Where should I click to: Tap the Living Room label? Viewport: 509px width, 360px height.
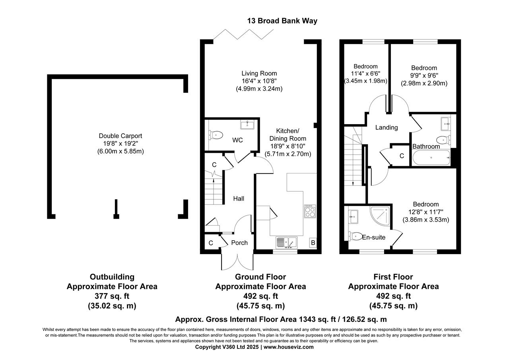tap(259, 73)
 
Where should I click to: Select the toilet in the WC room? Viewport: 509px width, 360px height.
tap(215, 135)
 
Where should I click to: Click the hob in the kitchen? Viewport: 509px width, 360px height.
tap(309, 211)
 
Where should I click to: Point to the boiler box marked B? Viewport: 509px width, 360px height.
tap(313, 243)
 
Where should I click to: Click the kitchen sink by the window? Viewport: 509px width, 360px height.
tap(286, 242)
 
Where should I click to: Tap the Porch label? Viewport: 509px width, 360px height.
tap(239, 243)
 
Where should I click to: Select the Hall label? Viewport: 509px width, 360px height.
tap(239, 198)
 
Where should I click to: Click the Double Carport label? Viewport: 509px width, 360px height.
tap(120, 136)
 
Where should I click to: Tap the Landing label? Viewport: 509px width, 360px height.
tap(387, 127)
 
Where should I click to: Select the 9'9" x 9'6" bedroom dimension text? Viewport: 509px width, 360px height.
tap(424, 76)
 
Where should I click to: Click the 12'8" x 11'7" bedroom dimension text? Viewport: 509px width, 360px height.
tap(425, 212)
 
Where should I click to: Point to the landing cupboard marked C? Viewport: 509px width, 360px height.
tap(402, 156)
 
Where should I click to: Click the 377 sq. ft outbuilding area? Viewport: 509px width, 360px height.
tap(112, 296)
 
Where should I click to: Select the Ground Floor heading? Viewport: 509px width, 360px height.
tap(260, 276)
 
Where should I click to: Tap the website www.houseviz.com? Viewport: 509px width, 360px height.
tap(288, 347)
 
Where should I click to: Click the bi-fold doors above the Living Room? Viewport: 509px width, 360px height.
tap(238, 34)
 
